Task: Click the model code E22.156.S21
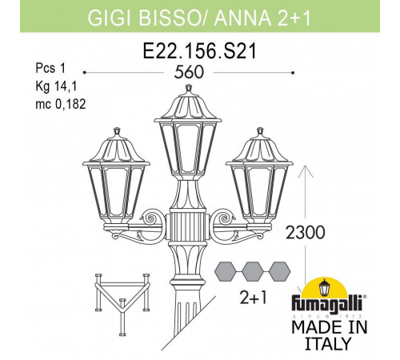200,51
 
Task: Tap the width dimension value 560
189,72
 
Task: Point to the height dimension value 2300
306,232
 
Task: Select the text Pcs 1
50,68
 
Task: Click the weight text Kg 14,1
56,86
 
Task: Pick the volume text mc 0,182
61,104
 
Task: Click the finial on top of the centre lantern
189,89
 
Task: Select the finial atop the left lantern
117,132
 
